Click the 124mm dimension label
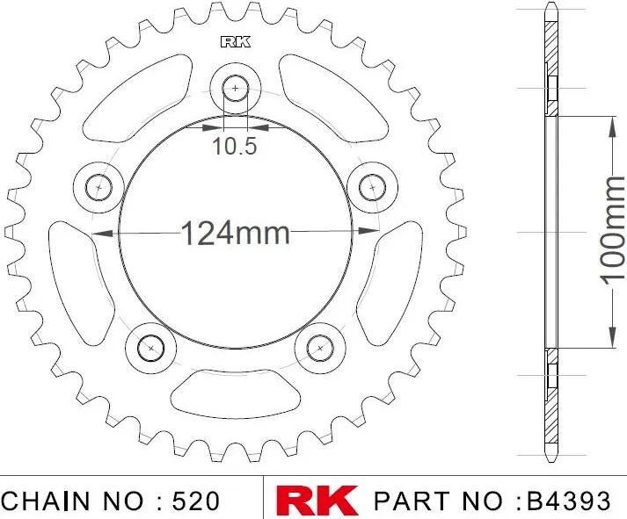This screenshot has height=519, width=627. (236, 233)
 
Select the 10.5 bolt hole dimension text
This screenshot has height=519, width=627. (234, 146)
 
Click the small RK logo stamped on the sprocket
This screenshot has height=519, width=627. (236, 42)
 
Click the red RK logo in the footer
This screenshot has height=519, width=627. (317, 501)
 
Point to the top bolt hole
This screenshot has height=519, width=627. (235, 88)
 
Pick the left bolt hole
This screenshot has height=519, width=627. (98, 187)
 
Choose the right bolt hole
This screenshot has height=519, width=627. (372, 187)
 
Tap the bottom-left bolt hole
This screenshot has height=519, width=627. (150, 348)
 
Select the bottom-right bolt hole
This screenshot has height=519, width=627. (320, 348)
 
